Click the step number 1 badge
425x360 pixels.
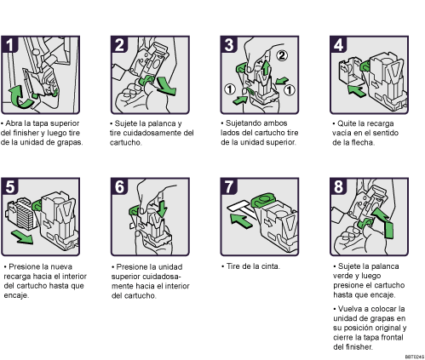coord(9,44)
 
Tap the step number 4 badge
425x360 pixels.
coord(338,44)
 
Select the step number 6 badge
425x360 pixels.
coord(119,186)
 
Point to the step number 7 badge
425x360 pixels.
coord(229,186)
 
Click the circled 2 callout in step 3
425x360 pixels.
coord(282,55)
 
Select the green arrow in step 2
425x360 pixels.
coord(167,86)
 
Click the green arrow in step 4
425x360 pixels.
coord(356,90)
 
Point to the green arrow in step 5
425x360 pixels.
coord(23,237)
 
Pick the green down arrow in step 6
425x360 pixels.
coord(162,209)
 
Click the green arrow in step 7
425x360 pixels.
coord(241,220)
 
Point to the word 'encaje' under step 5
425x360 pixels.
coord(16,295)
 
